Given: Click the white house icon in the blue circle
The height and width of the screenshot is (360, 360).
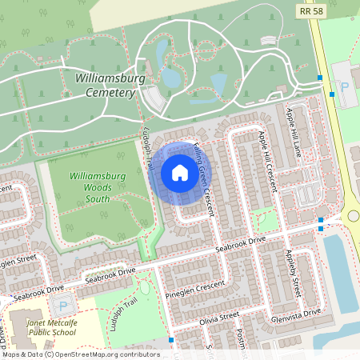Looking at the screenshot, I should [x=179, y=173].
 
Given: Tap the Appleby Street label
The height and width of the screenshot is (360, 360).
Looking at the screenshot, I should [x=294, y=272].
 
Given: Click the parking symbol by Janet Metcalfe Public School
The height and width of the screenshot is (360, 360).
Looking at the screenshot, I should [x=63, y=306].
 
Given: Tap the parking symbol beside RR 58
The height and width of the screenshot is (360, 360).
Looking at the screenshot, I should [x=345, y=86].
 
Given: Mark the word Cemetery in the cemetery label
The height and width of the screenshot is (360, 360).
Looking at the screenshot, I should [x=109, y=93].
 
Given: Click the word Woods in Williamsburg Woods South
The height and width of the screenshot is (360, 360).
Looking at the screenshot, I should [x=97, y=187].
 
